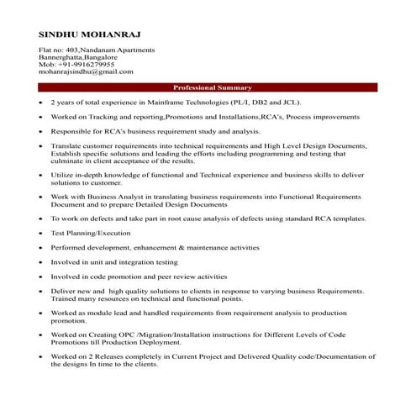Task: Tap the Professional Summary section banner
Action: click(x=213, y=87)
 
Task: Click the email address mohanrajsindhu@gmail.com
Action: click(x=86, y=73)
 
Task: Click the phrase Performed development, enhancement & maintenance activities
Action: click(x=155, y=247)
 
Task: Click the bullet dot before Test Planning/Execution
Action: click(x=41, y=232)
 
